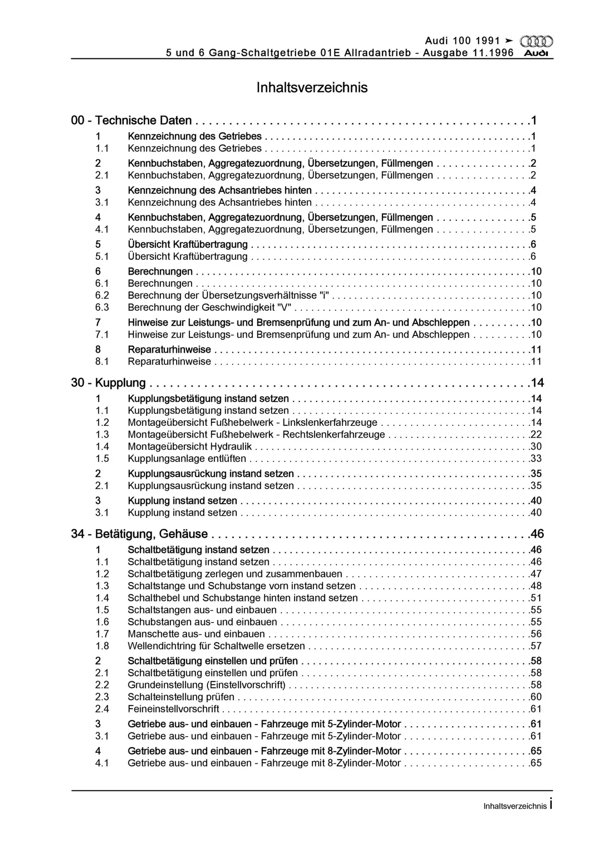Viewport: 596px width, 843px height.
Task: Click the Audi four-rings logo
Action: pyautogui.click(x=536, y=42)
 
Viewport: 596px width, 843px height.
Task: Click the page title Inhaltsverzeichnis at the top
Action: pyautogui.click(x=312, y=87)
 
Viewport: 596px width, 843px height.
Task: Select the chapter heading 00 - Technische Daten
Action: pyautogui.click(x=131, y=120)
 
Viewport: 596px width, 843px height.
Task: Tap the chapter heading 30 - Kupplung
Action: pyautogui.click(x=108, y=383)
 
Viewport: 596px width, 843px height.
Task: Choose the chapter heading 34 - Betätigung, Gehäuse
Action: pyautogui.click(x=139, y=534)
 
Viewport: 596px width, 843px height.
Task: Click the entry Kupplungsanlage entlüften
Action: pyautogui.click(x=187, y=458)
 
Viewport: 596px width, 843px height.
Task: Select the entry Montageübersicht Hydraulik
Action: pyautogui.click(x=190, y=447)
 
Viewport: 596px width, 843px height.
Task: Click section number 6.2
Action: pyautogui.click(x=102, y=295)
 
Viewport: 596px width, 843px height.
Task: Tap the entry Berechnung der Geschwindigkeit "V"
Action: pyautogui.click(x=209, y=307)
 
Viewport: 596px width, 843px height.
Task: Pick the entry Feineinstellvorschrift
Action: pyautogui.click(x=173, y=709)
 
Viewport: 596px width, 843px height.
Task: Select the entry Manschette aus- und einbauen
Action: pyautogui.click(x=196, y=634)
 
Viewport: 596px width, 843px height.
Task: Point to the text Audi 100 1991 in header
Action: pyautogui.click(x=462, y=41)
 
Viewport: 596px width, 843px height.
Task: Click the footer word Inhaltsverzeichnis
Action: pyautogui.click(x=515, y=806)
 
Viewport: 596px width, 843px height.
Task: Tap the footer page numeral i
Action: pyautogui.click(x=551, y=804)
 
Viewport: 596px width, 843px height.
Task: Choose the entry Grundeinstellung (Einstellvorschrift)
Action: pyautogui.click(x=206, y=685)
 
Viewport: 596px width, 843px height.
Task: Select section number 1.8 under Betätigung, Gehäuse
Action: pyautogui.click(x=102, y=646)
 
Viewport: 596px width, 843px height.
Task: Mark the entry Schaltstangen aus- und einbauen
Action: pyautogui.click(x=202, y=610)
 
